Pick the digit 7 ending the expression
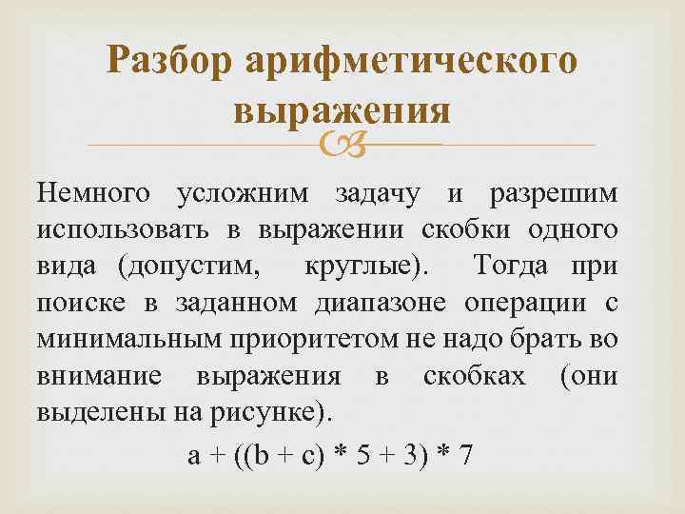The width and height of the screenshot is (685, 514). click(466, 456)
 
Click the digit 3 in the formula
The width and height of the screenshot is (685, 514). click(410, 456)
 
